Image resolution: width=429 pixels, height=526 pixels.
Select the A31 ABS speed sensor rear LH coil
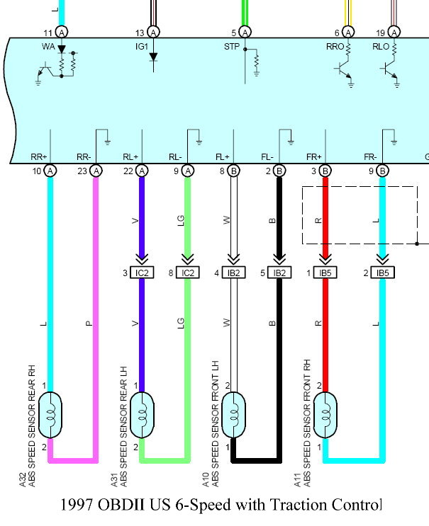(x=142, y=415)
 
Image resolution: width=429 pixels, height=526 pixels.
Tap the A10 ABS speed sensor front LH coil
(x=234, y=415)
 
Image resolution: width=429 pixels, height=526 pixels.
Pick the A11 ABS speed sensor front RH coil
(x=325, y=415)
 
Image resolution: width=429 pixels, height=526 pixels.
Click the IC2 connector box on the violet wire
(x=142, y=273)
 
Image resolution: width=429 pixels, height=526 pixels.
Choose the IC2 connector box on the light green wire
(x=188, y=273)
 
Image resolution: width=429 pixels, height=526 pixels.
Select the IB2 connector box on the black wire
(x=279, y=273)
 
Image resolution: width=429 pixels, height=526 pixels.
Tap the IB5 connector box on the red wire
(x=325, y=273)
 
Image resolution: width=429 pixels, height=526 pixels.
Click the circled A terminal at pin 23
(x=96, y=170)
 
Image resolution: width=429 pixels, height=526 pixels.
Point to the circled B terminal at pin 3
(x=325, y=170)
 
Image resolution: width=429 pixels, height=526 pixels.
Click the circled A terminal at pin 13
(x=153, y=32)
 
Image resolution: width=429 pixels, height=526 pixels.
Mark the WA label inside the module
(x=49, y=47)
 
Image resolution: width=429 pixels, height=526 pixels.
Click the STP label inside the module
(x=232, y=47)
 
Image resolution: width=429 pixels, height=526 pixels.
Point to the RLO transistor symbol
(x=391, y=69)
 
